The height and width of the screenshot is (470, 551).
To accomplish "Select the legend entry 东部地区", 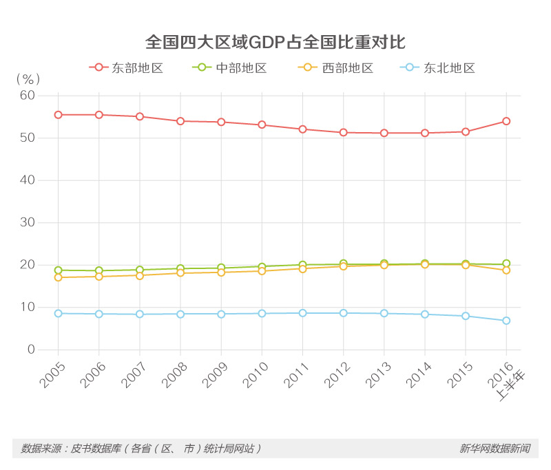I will point(126,68).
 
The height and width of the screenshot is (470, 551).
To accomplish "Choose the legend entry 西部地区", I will point(337,68).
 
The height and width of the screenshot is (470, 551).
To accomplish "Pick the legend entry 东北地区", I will point(439,68).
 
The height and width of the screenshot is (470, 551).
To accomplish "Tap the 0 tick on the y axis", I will point(30,350).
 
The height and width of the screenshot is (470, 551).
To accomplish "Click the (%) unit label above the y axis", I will point(28,79).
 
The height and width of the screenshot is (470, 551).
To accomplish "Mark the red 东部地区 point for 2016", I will point(506,121).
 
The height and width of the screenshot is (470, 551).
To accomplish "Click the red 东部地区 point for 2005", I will point(58,115).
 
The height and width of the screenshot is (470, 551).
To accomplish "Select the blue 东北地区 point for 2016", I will point(506,321).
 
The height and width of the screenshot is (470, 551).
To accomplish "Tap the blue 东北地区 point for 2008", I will point(180,314).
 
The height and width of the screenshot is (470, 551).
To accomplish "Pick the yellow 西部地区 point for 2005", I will point(58,277).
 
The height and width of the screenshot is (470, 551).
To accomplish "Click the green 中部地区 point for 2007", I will point(140,270).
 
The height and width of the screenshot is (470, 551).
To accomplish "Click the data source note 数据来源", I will point(141,448).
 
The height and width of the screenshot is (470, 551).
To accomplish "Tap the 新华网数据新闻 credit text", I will point(495,448).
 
